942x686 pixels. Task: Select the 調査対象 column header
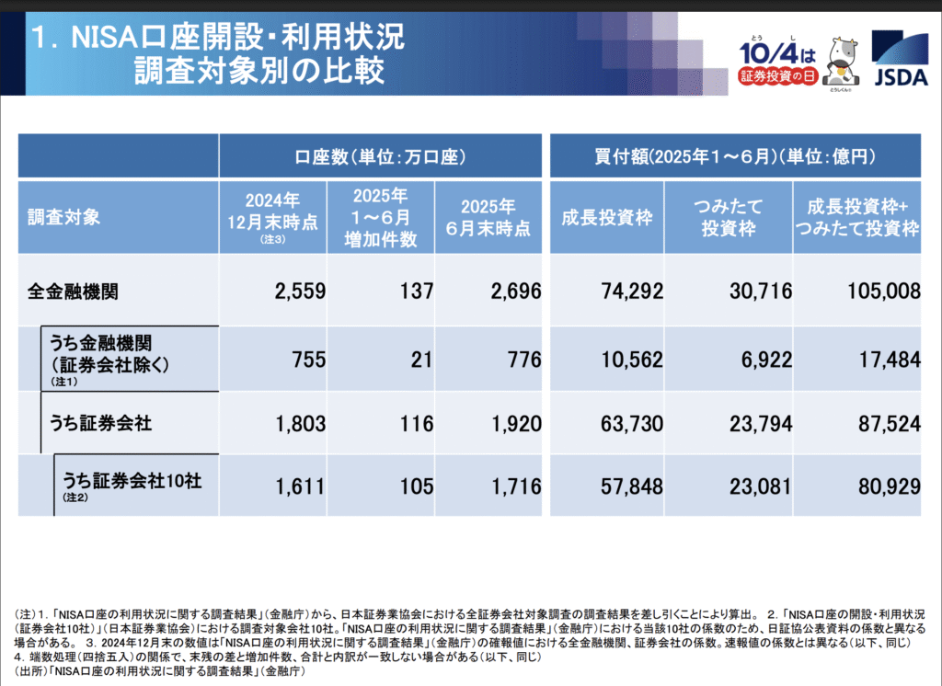click(x=64, y=218)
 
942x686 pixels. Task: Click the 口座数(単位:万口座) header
click(x=380, y=156)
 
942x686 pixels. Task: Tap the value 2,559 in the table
click(x=300, y=292)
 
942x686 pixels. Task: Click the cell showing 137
click(x=417, y=292)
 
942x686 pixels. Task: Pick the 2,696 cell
click(x=516, y=292)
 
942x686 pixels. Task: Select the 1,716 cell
click(x=516, y=486)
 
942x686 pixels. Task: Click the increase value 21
click(x=421, y=359)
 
